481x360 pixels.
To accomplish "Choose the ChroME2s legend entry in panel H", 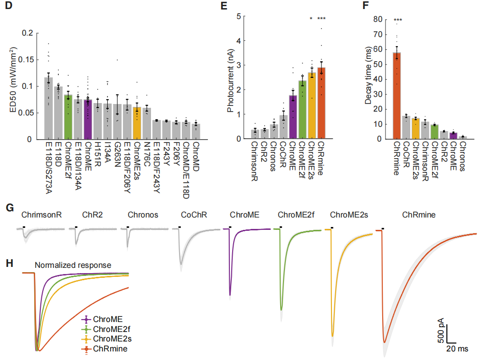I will [x=110, y=339].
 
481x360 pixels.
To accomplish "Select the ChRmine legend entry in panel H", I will [x=107, y=349].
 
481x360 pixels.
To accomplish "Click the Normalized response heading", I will [x=73, y=265].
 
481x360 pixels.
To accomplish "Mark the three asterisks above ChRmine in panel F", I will [x=396, y=20].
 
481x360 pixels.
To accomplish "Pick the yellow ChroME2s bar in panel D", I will [x=137, y=123].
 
